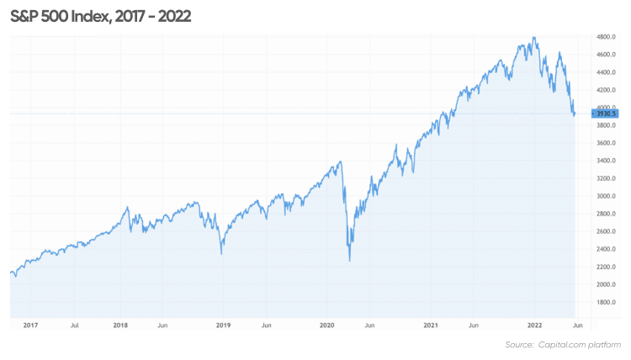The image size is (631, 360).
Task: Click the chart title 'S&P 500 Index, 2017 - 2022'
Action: tap(101, 16)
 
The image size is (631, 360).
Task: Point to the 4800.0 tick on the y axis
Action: tap(607, 38)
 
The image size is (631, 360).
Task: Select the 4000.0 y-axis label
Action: tap(607, 108)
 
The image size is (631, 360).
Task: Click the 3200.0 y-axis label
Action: tap(607, 178)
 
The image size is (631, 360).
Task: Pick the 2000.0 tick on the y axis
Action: tap(607, 284)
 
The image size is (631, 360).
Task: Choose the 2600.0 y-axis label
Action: tap(607, 231)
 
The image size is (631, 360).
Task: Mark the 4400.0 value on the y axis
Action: tap(607, 72)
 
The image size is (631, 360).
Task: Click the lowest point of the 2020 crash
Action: tap(349, 262)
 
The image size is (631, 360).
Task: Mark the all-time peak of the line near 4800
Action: tap(534, 37)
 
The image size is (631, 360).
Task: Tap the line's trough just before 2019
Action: tap(221, 254)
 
